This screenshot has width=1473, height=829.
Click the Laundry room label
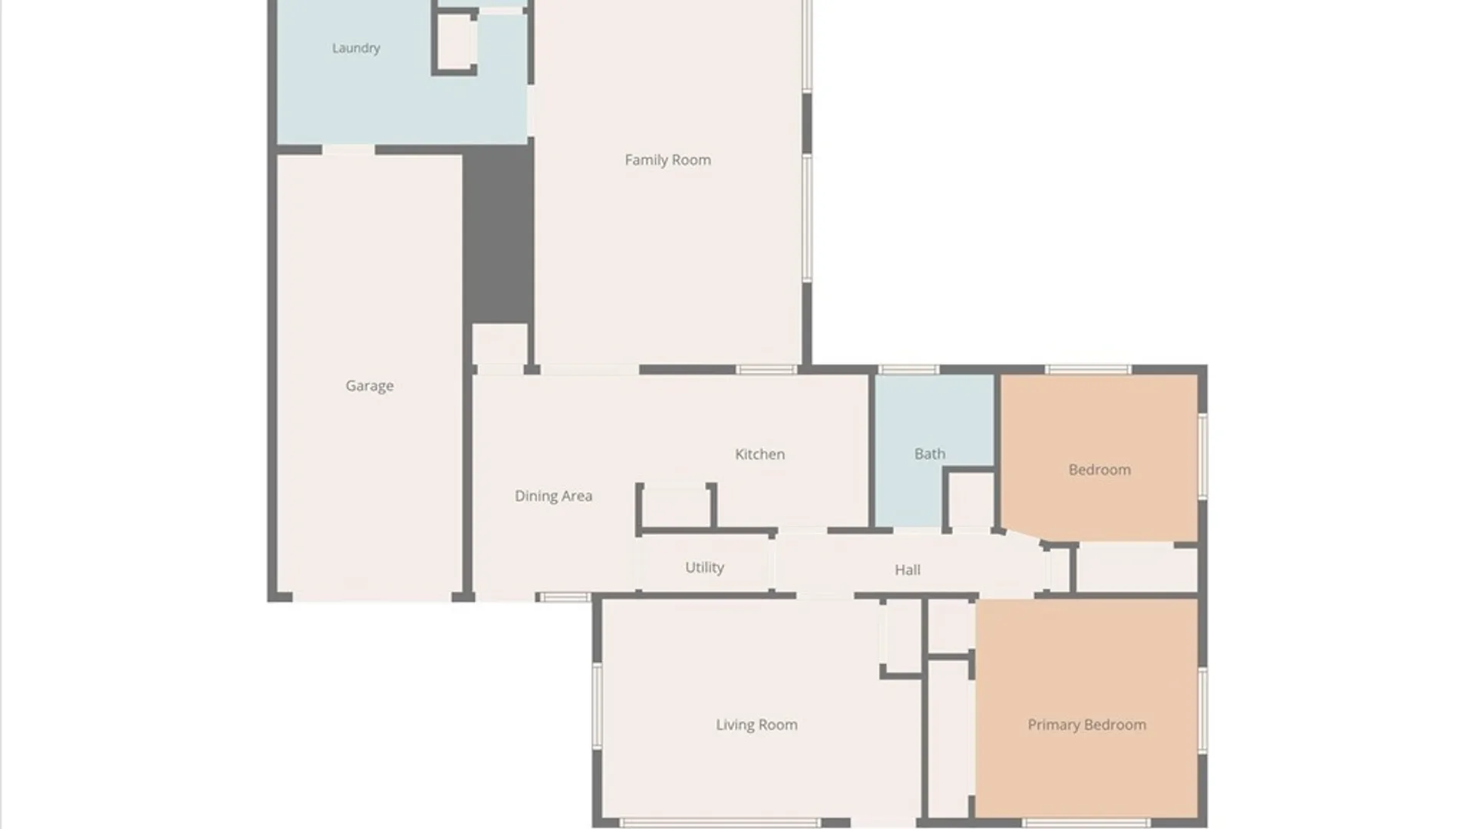[x=356, y=48]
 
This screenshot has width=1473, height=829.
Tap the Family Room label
[x=667, y=160]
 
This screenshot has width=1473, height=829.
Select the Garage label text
[x=369, y=386]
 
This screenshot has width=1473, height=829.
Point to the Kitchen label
[x=760, y=454]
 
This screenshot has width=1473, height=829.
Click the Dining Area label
[x=553, y=497]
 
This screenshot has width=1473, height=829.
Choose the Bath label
[x=930, y=454]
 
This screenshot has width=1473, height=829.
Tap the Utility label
[x=704, y=568]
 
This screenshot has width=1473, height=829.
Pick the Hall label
[x=908, y=570]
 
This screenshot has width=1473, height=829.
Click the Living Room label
[x=756, y=725]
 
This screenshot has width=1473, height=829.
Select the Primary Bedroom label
[x=1087, y=725]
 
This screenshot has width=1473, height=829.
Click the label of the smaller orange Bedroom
[x=1099, y=470]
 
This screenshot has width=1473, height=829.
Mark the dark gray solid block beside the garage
[x=498, y=234]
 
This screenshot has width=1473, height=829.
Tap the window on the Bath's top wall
[x=908, y=370]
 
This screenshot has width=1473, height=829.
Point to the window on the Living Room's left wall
[x=597, y=707]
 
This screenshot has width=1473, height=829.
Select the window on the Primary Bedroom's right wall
[x=1202, y=711]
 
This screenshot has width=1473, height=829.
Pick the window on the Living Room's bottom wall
[x=720, y=823]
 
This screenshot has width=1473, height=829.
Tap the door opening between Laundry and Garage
[x=348, y=150]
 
